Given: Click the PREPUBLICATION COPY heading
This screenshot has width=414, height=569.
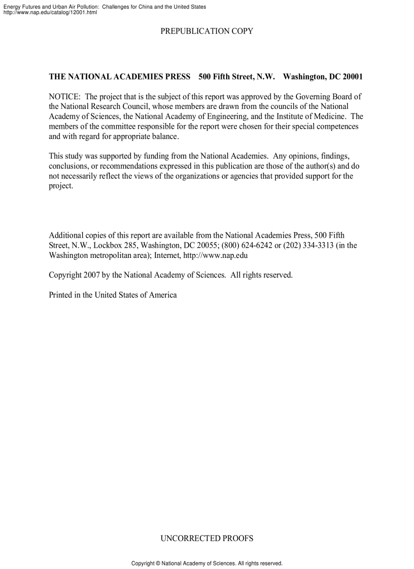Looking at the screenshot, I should pos(206,31).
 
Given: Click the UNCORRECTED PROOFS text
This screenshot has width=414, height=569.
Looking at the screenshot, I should pos(206,538).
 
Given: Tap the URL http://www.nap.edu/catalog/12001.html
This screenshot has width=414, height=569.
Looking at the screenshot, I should pos(50,13).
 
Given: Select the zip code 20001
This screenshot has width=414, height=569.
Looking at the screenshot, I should pos(352,77).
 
